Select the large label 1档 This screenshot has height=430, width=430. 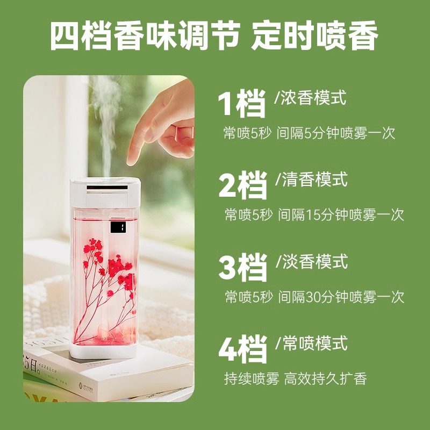(242, 104)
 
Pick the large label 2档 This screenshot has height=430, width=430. (243, 185)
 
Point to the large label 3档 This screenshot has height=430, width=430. (243, 267)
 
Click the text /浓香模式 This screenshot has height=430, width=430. (311, 98)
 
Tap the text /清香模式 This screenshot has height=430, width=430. (311, 179)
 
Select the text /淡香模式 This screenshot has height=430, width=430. (311, 262)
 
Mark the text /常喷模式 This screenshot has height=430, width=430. (311, 342)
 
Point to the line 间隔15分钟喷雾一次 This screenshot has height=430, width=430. (341, 214)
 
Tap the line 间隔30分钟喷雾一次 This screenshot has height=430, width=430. (341, 296)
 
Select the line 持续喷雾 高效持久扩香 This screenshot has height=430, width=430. (295, 378)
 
